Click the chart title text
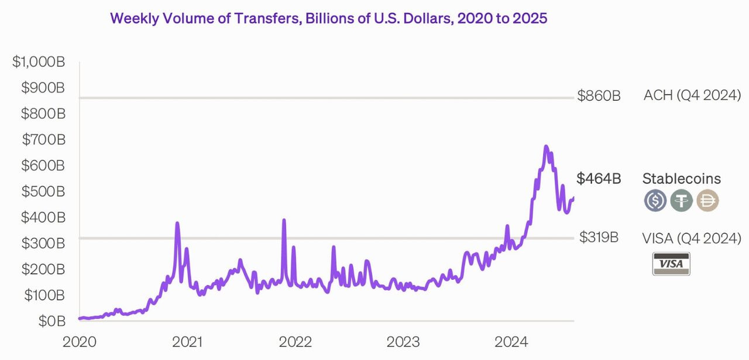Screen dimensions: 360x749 point(328,18)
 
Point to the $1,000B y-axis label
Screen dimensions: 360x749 point(39,62)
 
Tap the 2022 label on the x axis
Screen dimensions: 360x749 point(296,342)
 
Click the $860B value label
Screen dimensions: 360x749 point(599,96)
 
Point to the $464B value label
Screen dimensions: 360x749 point(599,179)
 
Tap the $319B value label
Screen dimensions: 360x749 point(599,238)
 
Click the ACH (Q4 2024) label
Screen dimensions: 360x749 point(692,95)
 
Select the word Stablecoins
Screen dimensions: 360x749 point(682,179)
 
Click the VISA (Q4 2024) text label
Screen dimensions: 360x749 point(692,238)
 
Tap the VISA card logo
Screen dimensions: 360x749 point(671,264)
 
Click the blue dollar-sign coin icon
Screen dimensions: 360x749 point(655,200)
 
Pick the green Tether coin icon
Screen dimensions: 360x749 point(681,200)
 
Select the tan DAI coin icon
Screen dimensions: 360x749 point(707,200)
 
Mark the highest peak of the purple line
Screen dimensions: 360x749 point(545,146)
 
